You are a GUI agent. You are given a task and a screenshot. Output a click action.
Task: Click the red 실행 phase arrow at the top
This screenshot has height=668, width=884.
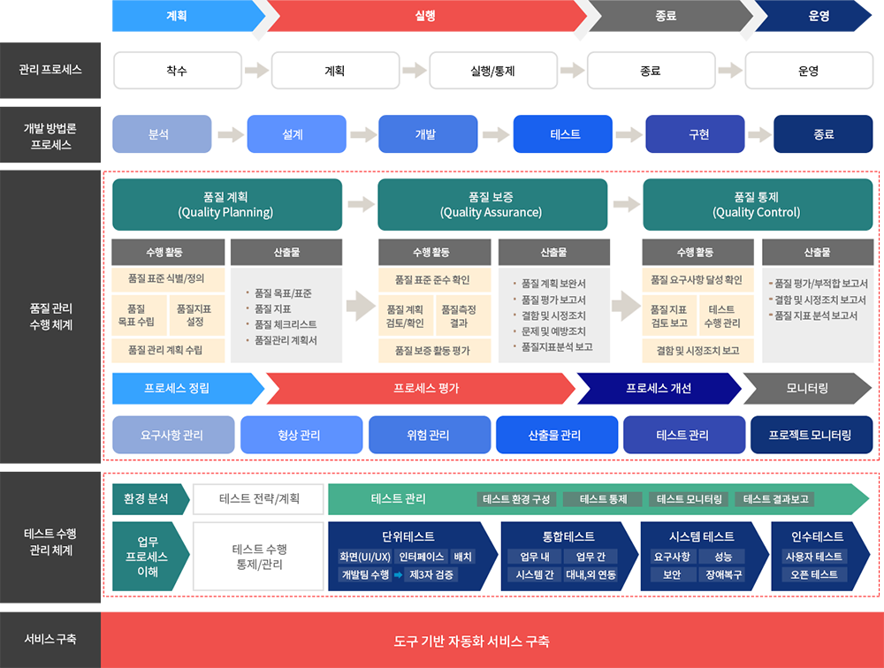tap(426, 16)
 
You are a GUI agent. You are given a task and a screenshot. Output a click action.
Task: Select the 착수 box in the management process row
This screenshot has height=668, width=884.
tap(178, 71)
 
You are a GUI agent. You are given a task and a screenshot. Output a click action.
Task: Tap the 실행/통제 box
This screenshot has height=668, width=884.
tap(493, 71)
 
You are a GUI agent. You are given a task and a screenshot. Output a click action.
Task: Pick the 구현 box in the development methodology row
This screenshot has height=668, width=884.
tap(695, 134)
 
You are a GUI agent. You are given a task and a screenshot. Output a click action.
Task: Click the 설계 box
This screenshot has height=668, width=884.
tap(296, 134)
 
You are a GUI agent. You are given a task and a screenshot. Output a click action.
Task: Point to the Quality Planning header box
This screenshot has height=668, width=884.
tap(227, 205)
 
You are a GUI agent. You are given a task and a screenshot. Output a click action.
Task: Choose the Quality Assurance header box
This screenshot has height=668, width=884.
tap(492, 205)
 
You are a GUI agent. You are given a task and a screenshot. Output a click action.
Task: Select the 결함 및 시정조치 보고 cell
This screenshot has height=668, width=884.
tap(698, 351)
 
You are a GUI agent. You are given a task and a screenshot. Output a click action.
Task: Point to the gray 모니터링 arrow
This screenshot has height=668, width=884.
tap(807, 389)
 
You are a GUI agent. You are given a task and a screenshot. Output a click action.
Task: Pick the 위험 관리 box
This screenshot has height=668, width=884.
tap(430, 435)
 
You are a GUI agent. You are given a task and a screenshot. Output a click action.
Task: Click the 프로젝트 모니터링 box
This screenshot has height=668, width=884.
tap(812, 435)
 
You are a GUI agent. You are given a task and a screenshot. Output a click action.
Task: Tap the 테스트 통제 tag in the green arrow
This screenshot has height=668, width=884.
tap(603, 499)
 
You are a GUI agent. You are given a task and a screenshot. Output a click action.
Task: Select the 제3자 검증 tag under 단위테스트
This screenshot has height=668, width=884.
tap(431, 575)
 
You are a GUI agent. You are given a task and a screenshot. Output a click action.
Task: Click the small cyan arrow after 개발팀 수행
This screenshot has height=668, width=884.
tap(398, 575)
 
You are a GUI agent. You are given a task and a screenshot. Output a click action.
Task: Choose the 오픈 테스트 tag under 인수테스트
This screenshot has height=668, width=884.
tap(814, 575)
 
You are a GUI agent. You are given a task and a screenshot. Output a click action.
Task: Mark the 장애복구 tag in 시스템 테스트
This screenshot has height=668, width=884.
tap(724, 575)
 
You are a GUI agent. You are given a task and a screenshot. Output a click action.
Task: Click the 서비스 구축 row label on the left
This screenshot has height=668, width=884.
tap(50, 639)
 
